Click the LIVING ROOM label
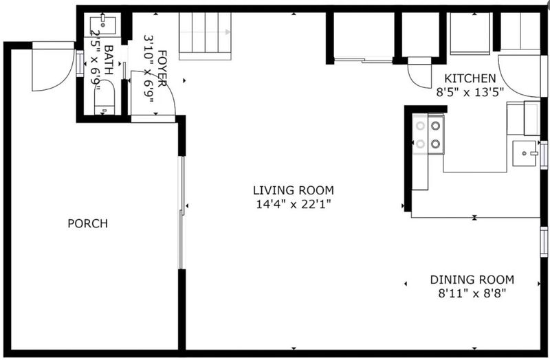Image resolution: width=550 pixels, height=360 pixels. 294,190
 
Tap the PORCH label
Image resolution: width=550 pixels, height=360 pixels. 88,223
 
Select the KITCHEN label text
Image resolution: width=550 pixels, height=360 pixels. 470,78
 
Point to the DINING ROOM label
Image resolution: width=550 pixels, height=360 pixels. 472,280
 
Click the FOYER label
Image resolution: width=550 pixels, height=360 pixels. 162,68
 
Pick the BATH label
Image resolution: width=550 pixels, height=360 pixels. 109,60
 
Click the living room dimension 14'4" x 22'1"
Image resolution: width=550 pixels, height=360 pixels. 294,204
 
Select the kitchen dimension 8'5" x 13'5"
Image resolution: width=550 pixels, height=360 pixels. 470,92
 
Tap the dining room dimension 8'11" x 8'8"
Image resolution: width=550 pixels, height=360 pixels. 472,293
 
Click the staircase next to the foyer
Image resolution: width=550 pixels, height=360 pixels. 205,36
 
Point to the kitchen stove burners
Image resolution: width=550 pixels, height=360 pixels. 428,135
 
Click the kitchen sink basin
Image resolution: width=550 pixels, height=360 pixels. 525,153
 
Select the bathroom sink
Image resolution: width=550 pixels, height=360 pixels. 102,24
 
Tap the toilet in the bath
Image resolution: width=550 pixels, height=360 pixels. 104,98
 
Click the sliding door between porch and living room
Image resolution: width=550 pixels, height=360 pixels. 181,212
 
